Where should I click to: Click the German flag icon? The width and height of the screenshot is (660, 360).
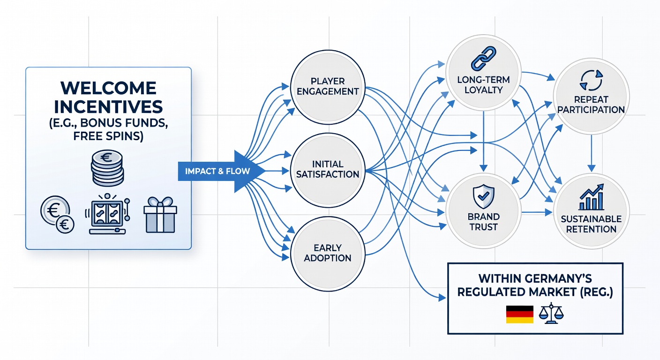(x=520, y=315)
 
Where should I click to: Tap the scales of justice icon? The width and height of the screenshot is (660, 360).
(x=551, y=314)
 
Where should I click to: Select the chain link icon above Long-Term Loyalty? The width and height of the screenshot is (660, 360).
(x=483, y=59)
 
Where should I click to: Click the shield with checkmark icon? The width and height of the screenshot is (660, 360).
(x=483, y=196)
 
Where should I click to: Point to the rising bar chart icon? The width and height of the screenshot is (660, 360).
(x=592, y=197)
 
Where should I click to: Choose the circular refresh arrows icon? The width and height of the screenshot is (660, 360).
(x=591, y=80)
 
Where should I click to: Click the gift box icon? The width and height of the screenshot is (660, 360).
(x=160, y=215)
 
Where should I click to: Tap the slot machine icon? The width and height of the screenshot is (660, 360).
(x=108, y=214)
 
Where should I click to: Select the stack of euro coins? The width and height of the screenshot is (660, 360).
(x=107, y=168)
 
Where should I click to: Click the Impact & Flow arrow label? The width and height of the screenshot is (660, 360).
(x=217, y=171)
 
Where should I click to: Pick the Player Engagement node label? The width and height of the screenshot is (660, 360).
(x=328, y=86)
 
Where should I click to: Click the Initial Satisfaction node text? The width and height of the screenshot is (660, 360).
(x=328, y=169)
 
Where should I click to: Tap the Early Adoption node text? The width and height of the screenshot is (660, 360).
(x=328, y=253)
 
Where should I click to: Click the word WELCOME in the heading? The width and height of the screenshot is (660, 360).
(x=108, y=88)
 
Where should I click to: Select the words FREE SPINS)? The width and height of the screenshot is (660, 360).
(x=108, y=136)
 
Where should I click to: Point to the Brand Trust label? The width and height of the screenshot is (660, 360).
(x=483, y=222)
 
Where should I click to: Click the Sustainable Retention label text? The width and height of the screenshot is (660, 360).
(x=592, y=224)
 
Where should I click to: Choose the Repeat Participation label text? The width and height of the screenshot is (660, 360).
(x=591, y=105)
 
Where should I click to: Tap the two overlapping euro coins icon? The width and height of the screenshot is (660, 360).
(x=57, y=215)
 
